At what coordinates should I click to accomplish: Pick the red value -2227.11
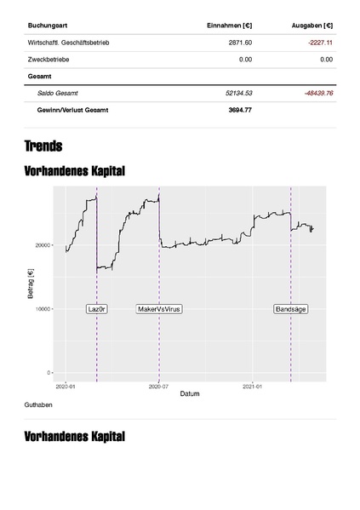318,43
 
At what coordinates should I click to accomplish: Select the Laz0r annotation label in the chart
97,308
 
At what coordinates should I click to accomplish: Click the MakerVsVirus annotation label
159,308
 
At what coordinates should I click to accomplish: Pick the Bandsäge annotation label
290,308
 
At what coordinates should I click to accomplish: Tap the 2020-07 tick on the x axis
159,386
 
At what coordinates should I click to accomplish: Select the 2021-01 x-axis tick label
253,386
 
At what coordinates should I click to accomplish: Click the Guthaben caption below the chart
40,404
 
